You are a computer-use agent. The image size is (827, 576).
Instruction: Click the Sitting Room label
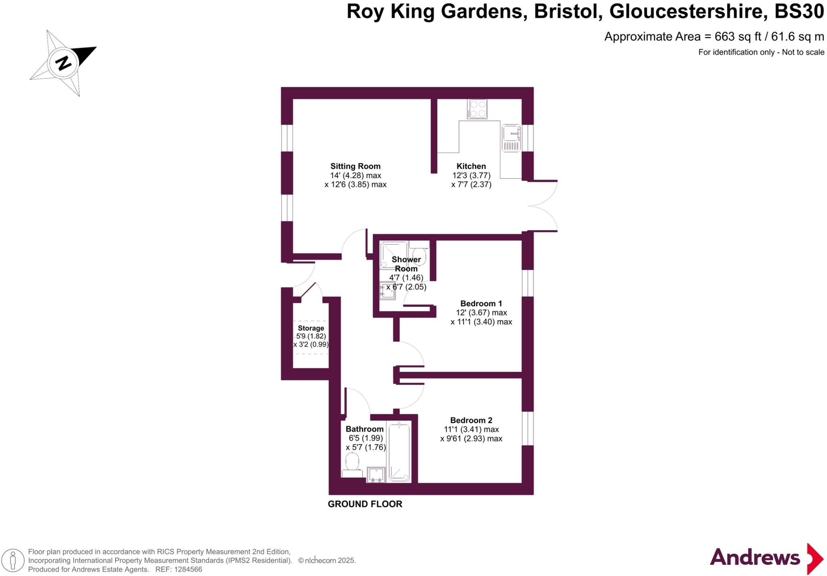355,166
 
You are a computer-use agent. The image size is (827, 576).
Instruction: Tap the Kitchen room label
471,166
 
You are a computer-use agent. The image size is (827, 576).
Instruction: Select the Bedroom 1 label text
481,304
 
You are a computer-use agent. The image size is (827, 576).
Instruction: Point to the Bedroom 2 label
471,420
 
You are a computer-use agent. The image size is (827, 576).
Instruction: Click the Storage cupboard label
311,328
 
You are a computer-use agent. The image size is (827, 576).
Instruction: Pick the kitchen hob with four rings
477,109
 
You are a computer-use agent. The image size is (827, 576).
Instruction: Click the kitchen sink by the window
511,138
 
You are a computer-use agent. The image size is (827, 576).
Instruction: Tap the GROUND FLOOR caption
365,504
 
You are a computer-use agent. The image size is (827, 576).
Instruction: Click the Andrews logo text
755,558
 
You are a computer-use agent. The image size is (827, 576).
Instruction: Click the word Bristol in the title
566,12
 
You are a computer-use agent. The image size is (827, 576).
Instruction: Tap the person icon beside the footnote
13,561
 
